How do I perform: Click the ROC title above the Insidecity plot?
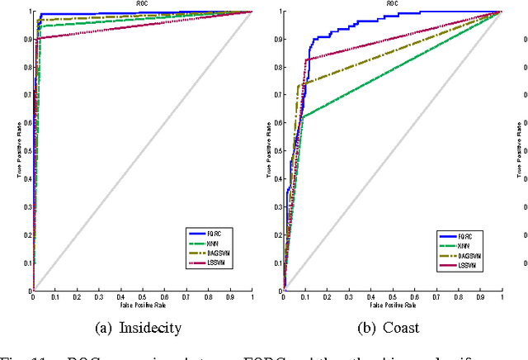point(142,4)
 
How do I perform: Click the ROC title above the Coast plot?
point(392,4)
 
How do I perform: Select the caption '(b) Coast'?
point(389,327)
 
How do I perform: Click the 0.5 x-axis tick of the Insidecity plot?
point(142,296)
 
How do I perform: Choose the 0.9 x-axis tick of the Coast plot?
point(480,296)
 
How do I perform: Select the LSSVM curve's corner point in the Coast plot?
point(308,59)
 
